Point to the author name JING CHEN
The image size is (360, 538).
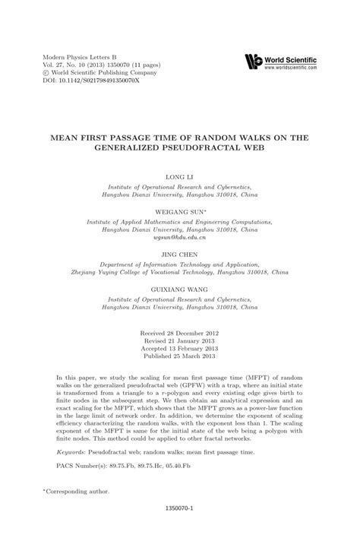point(179,256)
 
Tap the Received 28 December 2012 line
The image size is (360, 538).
point(179,334)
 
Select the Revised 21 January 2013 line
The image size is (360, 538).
point(179,341)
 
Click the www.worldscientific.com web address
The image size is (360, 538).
point(291,68)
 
